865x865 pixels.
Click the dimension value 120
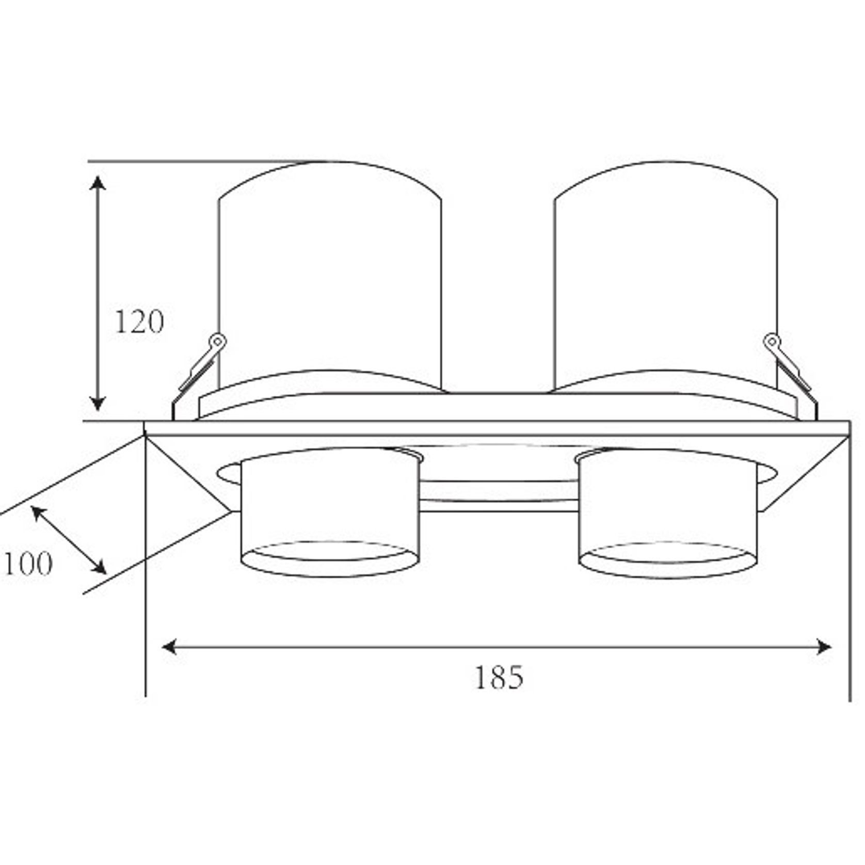coord(139,322)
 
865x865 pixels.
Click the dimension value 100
coord(28,564)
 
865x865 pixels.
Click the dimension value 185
coord(499,677)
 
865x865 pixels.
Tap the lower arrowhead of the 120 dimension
coord(98,404)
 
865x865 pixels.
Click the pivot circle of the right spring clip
coord(772,341)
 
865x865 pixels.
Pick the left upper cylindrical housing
coord(330,279)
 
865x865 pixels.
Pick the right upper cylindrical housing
coord(666,279)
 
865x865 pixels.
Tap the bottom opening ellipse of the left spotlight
coord(330,559)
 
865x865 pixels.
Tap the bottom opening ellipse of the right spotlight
coord(668,560)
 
